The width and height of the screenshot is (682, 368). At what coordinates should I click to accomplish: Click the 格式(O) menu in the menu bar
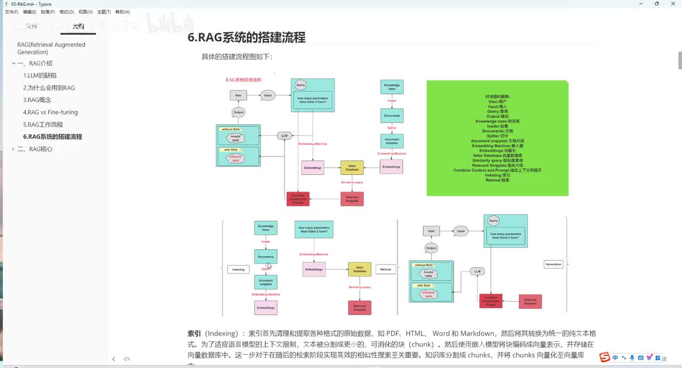(x=67, y=12)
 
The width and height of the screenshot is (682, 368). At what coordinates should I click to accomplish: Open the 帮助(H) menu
(x=123, y=12)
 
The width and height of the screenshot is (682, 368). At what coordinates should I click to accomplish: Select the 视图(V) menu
(x=85, y=12)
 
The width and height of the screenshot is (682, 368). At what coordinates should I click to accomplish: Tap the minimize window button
(x=641, y=4)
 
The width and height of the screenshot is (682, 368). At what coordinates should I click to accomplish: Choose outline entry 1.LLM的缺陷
(x=40, y=76)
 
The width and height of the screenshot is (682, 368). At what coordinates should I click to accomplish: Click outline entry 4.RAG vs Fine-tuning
(x=51, y=113)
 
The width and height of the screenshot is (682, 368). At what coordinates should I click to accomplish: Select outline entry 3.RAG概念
(x=37, y=100)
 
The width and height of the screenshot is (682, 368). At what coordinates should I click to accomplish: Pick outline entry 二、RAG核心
(x=35, y=149)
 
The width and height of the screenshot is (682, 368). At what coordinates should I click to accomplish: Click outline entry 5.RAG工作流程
(x=43, y=125)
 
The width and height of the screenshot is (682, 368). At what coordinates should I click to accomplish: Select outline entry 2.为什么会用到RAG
(x=49, y=88)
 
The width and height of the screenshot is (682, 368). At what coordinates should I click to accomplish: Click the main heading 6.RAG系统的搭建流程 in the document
(x=247, y=37)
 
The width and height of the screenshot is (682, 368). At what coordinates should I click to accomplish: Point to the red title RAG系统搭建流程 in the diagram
(x=243, y=80)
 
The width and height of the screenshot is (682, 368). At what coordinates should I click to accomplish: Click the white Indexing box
(x=238, y=269)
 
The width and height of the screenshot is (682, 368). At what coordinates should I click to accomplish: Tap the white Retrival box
(x=386, y=269)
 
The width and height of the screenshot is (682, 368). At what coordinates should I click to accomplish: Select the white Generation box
(x=554, y=264)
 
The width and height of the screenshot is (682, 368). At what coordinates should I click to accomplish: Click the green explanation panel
(x=498, y=139)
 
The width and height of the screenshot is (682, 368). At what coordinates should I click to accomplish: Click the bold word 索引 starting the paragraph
(x=194, y=333)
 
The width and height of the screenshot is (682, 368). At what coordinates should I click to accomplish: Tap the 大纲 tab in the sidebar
(x=78, y=26)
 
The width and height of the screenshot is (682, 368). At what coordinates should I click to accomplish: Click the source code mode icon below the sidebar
(x=127, y=359)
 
